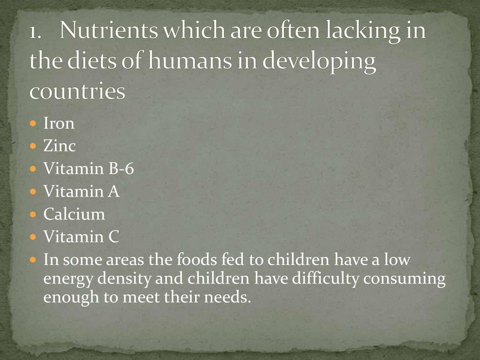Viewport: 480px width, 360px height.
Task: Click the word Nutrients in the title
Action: coord(109,30)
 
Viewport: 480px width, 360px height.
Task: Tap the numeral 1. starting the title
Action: coord(35,32)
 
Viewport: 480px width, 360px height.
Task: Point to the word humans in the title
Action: coord(190,60)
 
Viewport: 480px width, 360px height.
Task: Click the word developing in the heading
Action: coord(319,61)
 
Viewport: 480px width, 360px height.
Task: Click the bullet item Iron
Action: coord(59,123)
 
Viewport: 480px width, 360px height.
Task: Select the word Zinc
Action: coord(60,146)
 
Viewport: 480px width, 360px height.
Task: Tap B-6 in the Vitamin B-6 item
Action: coord(121,168)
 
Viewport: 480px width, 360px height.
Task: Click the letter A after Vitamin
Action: coord(113,191)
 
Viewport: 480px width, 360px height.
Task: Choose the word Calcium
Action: coord(74,214)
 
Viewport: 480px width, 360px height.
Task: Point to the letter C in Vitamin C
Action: coord(113,237)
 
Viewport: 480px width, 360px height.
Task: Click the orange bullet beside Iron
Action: coord(33,123)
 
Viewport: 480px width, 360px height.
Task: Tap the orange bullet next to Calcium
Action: coord(33,214)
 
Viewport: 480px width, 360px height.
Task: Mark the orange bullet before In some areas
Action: coord(33,260)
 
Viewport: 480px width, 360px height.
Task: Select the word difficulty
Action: coord(325,278)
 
